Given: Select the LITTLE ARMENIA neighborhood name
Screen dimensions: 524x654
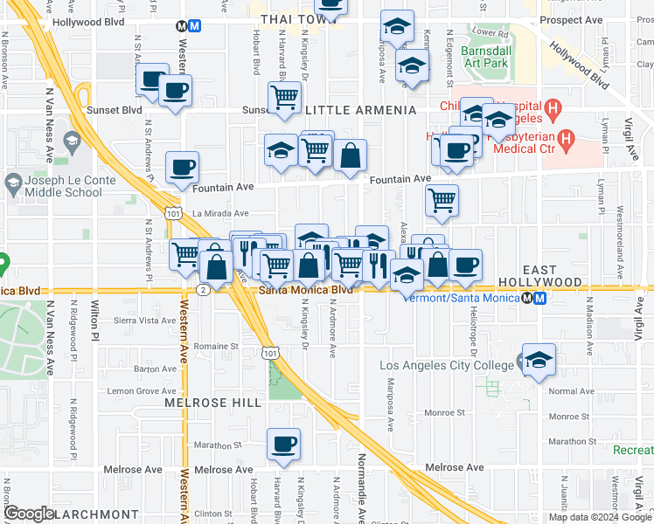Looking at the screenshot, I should pos(360,110).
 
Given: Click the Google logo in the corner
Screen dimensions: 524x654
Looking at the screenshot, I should pos(29,514).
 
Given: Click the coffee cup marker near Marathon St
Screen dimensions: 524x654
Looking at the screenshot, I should pos(283,445).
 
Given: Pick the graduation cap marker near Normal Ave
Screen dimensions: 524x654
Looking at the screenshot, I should pos(539,359).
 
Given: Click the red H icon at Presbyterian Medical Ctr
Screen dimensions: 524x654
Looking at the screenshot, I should pos(567,137).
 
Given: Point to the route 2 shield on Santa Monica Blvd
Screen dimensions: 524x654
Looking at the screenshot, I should pos(203,289).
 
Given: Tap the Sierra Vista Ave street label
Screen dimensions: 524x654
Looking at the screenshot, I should pos(152,321).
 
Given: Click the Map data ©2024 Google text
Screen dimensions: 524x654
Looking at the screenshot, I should pos(600,517).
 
